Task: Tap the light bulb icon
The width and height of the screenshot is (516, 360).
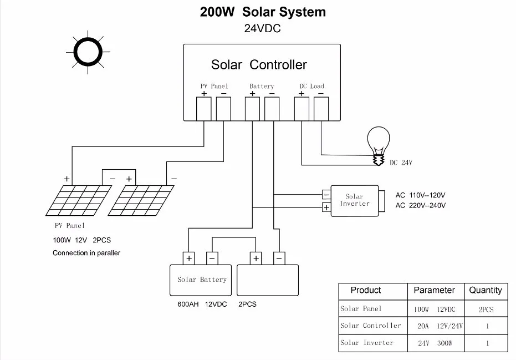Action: pyautogui.click(x=379, y=145)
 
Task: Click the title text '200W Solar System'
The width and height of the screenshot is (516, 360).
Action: pyautogui.click(x=263, y=12)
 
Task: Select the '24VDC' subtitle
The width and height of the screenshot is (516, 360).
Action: pyautogui.click(x=262, y=28)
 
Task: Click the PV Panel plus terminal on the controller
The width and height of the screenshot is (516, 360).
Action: pyautogui.click(x=204, y=109)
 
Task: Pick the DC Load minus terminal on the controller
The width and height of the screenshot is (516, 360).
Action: pyautogui.click(x=321, y=109)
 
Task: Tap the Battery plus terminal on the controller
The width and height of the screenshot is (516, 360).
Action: pyautogui.click(x=252, y=109)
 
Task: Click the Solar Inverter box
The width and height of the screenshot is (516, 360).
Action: pyautogui.click(x=355, y=201)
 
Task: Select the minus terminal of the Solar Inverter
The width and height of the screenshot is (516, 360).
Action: pyautogui.click(x=326, y=195)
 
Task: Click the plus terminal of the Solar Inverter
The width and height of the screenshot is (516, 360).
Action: pyautogui.click(x=326, y=207)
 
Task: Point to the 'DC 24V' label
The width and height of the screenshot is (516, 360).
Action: pyautogui.click(x=401, y=163)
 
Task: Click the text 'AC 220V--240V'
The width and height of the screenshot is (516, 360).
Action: pyautogui.click(x=421, y=206)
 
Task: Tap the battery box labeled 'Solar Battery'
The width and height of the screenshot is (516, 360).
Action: pyautogui.click(x=201, y=280)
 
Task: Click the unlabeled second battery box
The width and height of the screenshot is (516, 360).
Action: pyautogui.click(x=268, y=280)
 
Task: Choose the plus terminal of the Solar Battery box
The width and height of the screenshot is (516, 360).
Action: pyautogui.click(x=189, y=258)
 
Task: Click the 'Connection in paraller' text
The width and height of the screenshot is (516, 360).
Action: pyautogui.click(x=86, y=253)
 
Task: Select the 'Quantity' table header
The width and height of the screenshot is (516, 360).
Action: pyautogui.click(x=486, y=290)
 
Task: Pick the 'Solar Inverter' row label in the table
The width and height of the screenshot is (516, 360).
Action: pyautogui.click(x=366, y=343)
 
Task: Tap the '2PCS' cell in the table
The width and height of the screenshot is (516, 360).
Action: pyautogui.click(x=486, y=310)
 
